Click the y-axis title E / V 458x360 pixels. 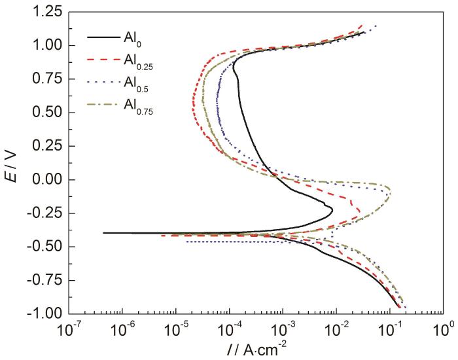18,162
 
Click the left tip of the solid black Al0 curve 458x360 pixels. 104,232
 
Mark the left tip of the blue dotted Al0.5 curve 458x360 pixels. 188,242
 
